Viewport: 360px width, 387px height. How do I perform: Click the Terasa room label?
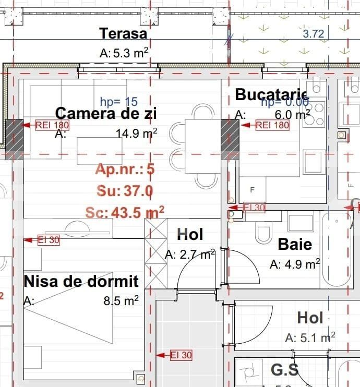tap(123, 33)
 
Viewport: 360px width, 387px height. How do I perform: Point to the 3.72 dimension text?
tap(314, 34)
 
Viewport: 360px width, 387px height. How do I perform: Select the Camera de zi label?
tap(106, 113)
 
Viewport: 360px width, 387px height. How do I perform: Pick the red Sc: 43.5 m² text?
tap(125, 212)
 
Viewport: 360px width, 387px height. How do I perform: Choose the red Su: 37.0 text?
tap(125, 191)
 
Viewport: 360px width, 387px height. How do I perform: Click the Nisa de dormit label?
tap(81, 282)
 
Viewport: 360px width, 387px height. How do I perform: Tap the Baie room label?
tap(295, 244)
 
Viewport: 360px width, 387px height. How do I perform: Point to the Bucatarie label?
tap(270, 95)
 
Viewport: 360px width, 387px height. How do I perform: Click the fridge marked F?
tap(253, 190)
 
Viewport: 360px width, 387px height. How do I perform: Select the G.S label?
tap(285, 370)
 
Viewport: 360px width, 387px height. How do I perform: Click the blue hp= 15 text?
tap(118, 101)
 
